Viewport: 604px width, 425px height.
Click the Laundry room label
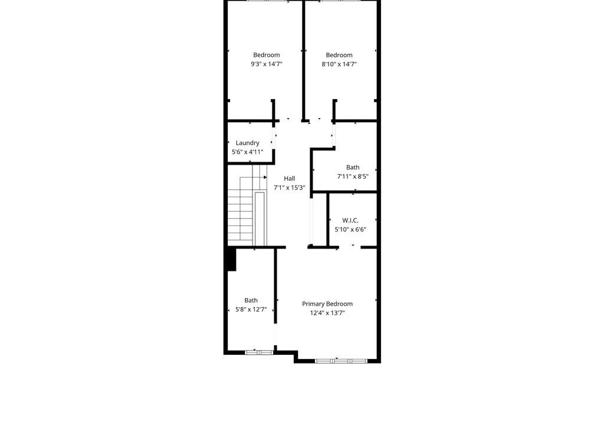(247, 143)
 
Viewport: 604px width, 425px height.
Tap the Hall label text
(289, 179)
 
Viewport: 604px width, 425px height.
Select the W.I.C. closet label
(350, 221)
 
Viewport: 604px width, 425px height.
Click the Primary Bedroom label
(327, 304)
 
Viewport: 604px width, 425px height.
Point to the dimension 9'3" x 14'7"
(266, 64)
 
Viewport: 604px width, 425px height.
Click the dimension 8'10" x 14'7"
(339, 64)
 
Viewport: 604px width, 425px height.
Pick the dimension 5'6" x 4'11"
(247, 152)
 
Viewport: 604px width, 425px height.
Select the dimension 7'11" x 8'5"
(353, 176)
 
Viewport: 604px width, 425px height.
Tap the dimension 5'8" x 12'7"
(251, 309)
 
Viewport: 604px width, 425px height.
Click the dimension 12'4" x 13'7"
(327, 313)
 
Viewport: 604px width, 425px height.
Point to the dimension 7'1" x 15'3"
(289, 188)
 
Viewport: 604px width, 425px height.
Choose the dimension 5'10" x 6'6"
(350, 230)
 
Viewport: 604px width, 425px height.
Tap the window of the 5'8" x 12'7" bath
(260, 352)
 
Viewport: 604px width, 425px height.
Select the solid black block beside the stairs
(231, 260)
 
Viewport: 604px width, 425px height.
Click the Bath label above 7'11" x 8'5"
(353, 168)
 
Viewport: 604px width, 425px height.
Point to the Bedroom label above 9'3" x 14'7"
(266, 55)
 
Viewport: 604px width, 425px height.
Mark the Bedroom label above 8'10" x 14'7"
(339, 55)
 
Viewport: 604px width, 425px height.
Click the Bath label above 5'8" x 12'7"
(251, 300)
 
